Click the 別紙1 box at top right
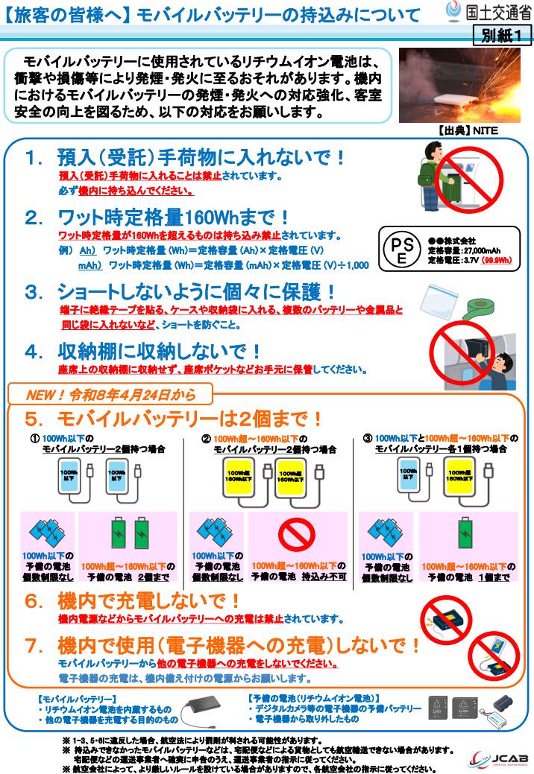[500, 36]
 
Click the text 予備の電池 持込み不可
[297, 577]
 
